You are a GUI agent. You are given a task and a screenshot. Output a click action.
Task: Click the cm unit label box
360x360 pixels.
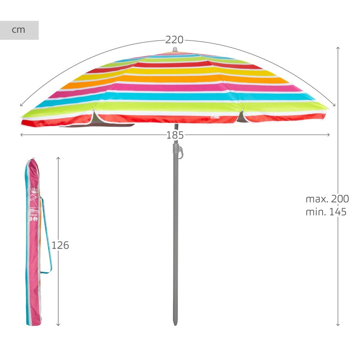[19, 30]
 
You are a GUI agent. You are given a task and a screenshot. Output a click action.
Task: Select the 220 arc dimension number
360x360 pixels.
[174, 40]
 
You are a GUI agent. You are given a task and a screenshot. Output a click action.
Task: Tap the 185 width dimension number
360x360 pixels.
[175, 135]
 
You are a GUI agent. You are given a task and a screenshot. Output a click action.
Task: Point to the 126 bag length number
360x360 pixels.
[60, 245]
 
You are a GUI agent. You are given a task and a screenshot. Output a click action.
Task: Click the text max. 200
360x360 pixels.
[327, 199]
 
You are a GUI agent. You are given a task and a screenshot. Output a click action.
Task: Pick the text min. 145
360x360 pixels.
[326, 212]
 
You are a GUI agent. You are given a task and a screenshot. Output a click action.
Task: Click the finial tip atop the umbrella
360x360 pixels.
[175, 49]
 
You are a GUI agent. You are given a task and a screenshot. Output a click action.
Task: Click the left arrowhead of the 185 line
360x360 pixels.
[21, 135]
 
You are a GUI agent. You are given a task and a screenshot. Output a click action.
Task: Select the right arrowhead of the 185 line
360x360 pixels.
[329, 135]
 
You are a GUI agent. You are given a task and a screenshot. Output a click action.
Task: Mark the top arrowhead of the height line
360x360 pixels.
[338, 48]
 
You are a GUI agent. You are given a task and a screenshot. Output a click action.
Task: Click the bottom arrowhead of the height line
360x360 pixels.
[338, 325]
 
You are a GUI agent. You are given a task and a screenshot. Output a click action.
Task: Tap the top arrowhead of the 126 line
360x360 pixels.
[58, 158]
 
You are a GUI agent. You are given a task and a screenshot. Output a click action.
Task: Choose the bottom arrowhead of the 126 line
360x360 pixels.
[58, 325]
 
